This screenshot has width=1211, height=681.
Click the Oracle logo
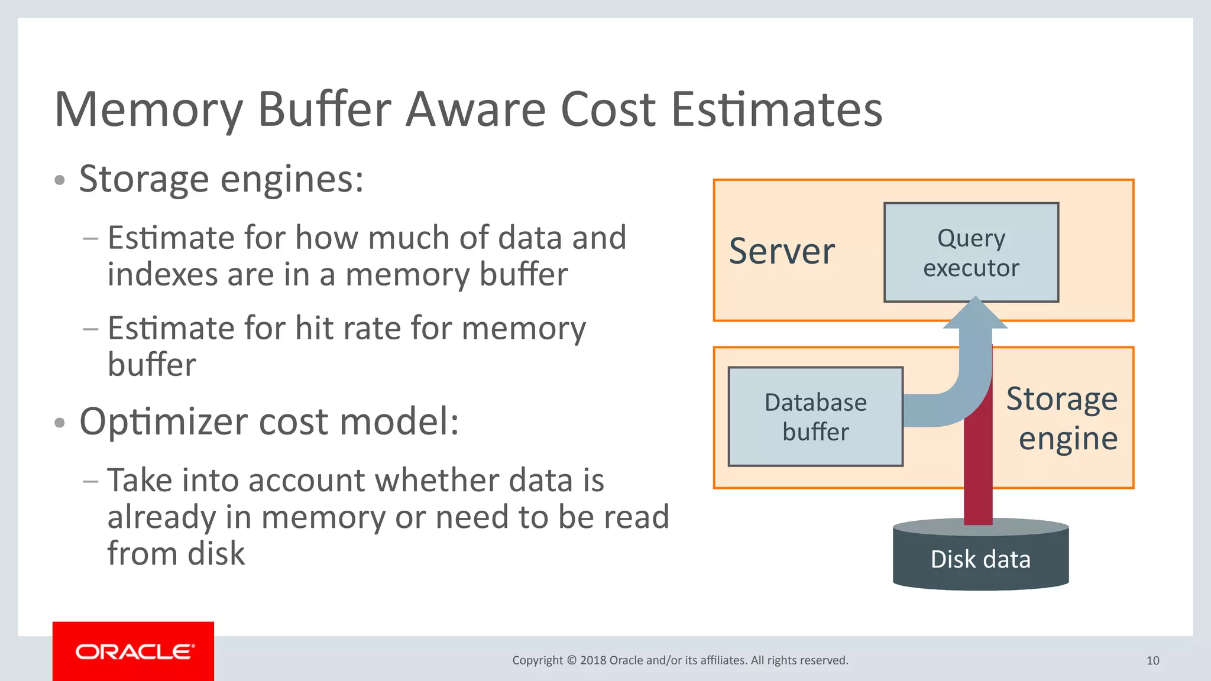134,651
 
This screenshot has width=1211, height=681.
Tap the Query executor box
971,253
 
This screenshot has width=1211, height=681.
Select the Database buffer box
815,417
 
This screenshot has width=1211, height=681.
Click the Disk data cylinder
980,559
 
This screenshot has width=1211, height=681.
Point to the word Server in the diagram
782,251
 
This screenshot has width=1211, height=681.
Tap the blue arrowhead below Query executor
975,314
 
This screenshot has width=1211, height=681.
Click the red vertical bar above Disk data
978,473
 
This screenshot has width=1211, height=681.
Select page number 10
1152,660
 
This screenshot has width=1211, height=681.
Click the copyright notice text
680,660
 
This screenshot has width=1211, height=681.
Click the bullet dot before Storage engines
59,180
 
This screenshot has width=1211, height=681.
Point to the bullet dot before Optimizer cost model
59,423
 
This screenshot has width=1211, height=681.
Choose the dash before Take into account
90,481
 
